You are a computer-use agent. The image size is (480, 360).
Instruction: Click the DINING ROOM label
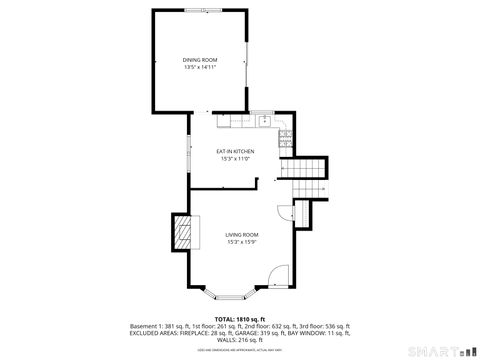(199, 60)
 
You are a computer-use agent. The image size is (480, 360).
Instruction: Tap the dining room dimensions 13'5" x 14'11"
(199, 68)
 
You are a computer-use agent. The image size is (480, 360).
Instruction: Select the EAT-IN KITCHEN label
(235, 151)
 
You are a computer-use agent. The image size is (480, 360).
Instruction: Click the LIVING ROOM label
(241, 234)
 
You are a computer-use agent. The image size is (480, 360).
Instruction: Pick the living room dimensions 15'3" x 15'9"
(241, 242)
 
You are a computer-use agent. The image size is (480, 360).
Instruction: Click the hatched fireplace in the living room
(182, 234)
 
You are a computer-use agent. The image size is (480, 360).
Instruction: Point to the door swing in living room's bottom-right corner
(280, 274)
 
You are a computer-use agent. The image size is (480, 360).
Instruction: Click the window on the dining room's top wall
(199, 11)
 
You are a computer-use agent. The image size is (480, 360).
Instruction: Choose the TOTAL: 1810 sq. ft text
(239, 318)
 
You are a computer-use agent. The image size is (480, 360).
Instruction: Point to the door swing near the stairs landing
(285, 212)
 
